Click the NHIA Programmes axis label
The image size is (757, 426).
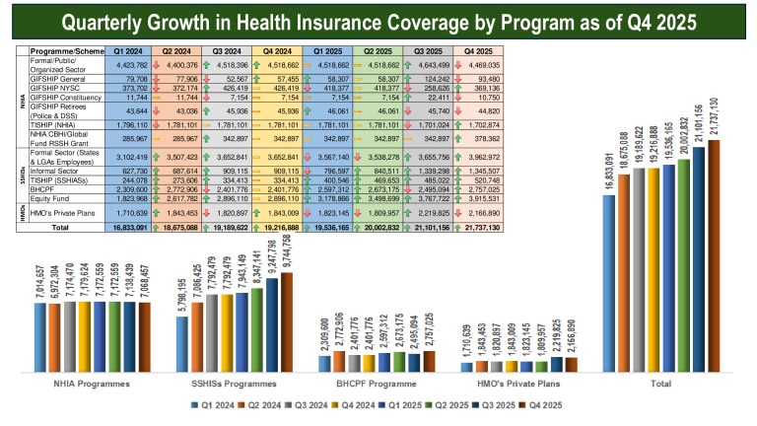(x=95, y=381)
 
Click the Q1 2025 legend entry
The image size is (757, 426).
(x=398, y=404)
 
